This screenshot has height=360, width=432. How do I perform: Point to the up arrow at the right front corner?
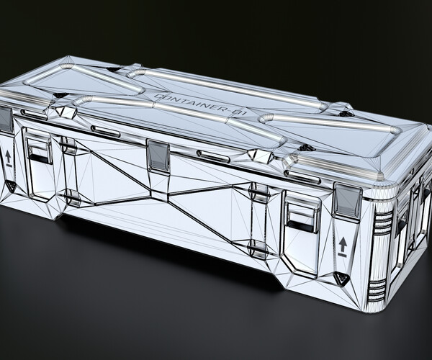343,246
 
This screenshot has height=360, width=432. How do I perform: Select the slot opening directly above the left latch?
34,114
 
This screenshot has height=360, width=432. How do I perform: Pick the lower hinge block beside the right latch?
258,248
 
